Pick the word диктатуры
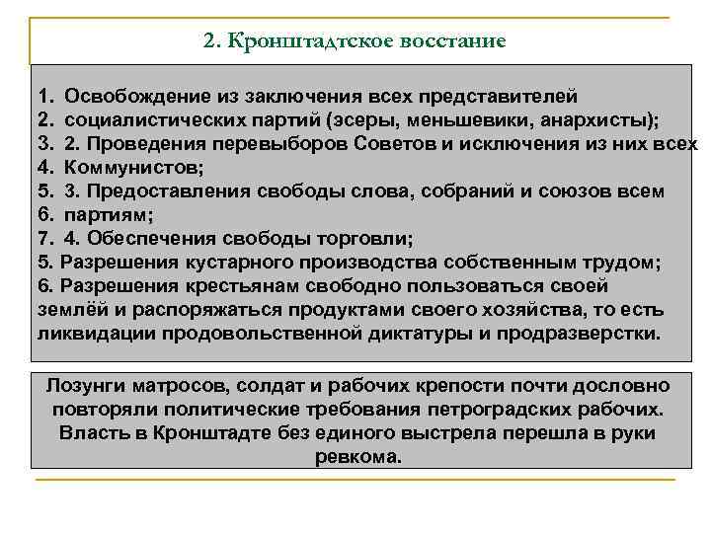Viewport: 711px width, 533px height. coord(393,334)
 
